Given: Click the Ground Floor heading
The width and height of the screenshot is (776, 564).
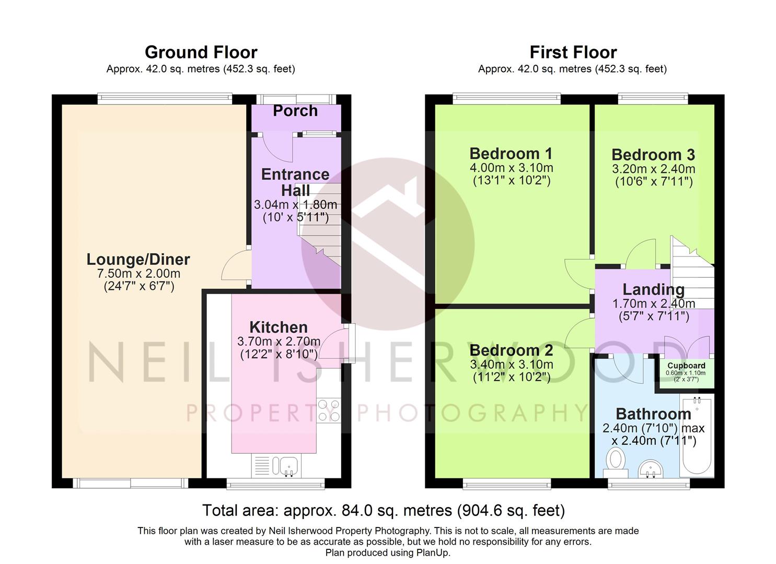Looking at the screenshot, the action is [x=201, y=53].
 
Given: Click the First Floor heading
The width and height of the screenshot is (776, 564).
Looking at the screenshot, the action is [x=573, y=53].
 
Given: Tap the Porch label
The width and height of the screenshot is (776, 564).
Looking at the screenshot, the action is [x=295, y=111].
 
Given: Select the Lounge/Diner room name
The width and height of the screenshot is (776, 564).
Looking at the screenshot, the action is [x=138, y=260].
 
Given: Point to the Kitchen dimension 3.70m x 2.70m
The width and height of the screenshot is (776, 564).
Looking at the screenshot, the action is [x=279, y=342].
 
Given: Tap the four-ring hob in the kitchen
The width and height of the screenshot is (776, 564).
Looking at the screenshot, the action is [x=328, y=410].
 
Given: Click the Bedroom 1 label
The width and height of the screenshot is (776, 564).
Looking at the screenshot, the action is [x=511, y=154].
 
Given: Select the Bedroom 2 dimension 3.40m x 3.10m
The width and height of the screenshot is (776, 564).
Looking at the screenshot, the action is [x=512, y=364].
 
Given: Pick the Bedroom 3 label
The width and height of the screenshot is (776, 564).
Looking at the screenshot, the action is [x=653, y=155].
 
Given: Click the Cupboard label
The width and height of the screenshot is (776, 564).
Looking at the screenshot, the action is [x=686, y=366].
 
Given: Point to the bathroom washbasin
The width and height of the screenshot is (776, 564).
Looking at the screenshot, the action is [x=650, y=469].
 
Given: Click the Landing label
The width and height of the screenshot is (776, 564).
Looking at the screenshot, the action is [x=653, y=289].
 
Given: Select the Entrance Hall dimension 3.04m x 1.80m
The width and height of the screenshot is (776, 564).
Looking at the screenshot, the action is [x=295, y=205].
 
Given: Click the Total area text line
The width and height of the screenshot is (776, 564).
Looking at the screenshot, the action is [x=384, y=510].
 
